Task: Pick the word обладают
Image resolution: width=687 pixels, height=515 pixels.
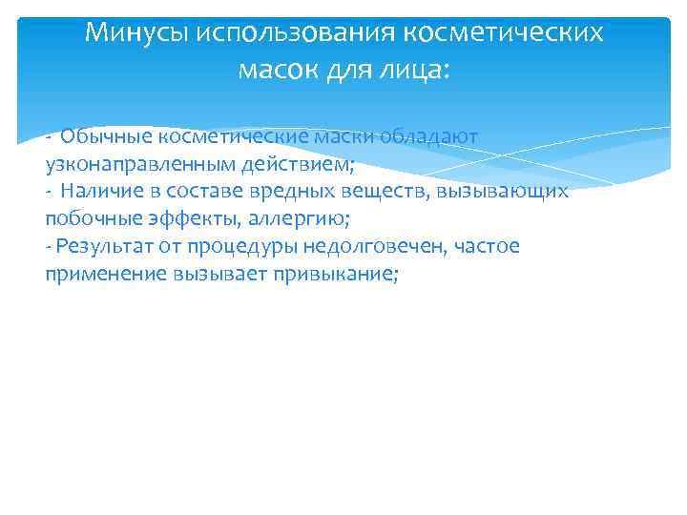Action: [x=430, y=136]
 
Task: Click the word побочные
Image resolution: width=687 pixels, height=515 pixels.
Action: [x=87, y=218]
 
